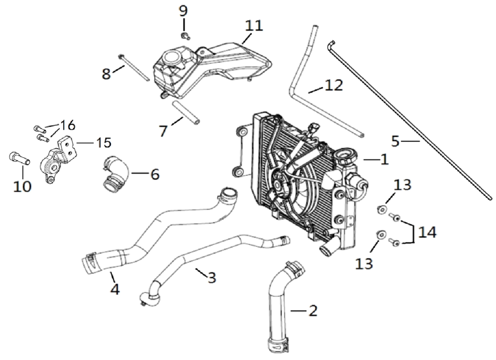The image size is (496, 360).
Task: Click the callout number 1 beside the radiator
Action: coord(384,159)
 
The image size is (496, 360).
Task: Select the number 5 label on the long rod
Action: coord(395,141)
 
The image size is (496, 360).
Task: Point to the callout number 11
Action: coord(254,25)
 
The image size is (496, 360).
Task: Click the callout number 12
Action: coord(334,85)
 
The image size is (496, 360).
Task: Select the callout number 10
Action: coord(23,185)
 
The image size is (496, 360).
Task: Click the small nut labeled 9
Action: coord(185,36)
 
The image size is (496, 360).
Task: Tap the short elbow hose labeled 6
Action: coord(115,173)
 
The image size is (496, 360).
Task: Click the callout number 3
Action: coord(211,277)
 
